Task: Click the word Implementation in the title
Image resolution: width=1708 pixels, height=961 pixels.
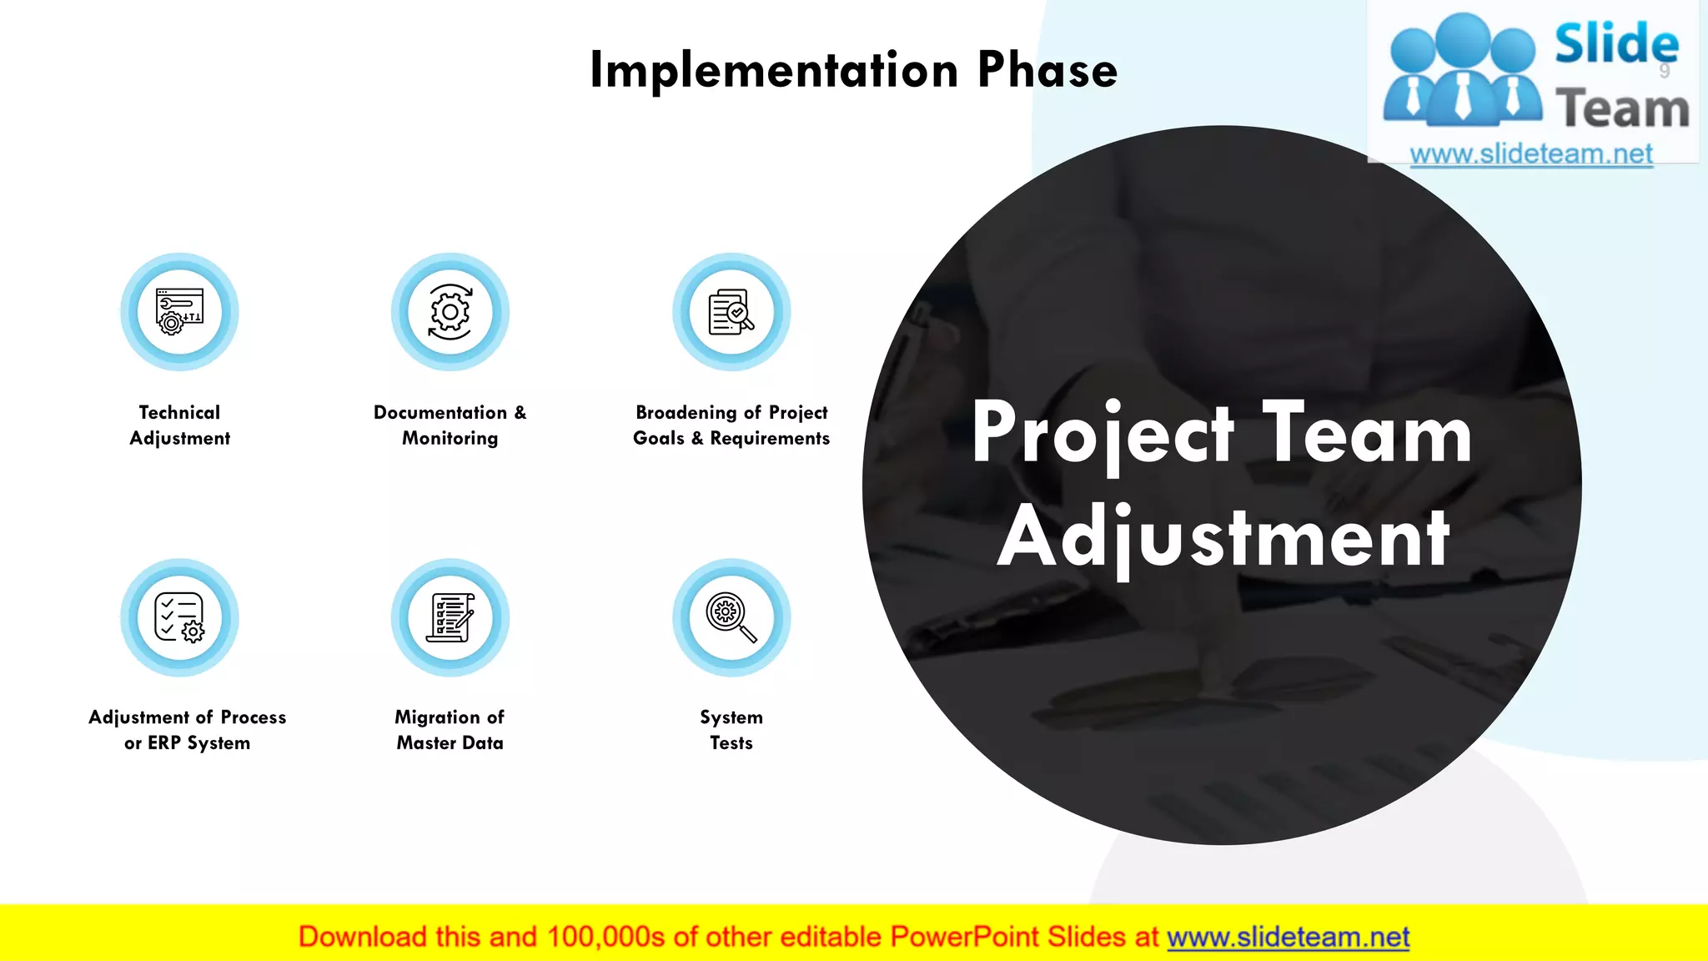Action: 774,70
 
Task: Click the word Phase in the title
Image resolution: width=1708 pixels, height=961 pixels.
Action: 1047,70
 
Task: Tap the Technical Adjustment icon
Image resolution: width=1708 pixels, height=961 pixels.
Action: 179,312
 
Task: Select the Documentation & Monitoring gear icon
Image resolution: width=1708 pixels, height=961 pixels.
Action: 450,312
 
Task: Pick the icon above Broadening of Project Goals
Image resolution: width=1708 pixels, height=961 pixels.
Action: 731,312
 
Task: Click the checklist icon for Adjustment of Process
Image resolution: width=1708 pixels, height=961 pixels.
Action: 179,617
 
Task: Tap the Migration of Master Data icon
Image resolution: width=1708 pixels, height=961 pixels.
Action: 450,617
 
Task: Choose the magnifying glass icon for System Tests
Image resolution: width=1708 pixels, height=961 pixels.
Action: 731,617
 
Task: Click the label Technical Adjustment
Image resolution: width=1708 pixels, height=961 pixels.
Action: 179,425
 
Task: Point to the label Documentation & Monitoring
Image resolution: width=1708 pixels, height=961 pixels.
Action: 450,425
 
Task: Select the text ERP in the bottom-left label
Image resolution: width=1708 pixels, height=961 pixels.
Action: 164,743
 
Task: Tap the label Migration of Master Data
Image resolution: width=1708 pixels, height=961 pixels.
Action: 450,730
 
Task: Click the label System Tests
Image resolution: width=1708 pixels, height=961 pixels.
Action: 731,730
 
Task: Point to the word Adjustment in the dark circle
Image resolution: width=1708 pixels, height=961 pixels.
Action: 1223,538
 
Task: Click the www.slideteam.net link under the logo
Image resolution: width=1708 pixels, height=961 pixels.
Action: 1531,154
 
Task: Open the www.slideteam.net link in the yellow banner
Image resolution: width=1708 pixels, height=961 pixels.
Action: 1288,938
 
